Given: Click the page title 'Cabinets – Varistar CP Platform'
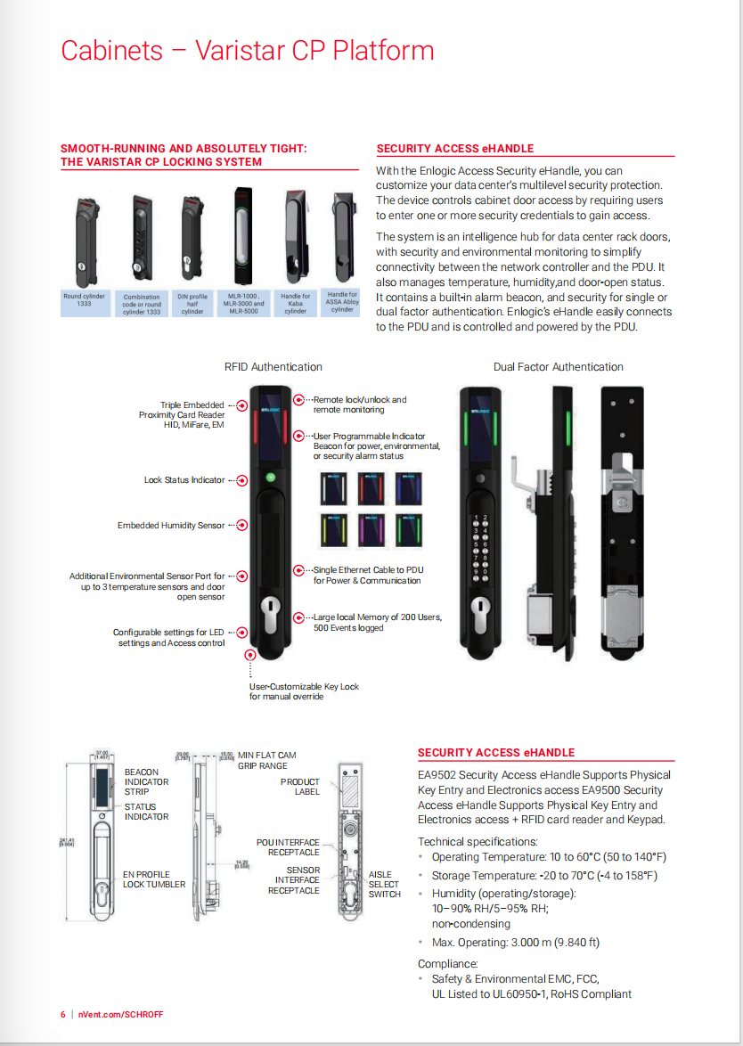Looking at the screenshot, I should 247,51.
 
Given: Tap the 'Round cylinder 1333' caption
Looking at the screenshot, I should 85,300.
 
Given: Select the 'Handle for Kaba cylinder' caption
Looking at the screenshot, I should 295,303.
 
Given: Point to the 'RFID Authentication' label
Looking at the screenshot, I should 274,367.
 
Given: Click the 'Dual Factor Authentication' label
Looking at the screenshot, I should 559,367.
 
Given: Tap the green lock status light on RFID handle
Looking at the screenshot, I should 272,478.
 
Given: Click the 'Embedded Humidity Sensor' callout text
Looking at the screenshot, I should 171,526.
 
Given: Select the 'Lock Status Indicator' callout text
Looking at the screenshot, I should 184,480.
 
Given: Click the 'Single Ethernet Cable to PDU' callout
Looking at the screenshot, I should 368,575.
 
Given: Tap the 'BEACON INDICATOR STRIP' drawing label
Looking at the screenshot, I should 146,781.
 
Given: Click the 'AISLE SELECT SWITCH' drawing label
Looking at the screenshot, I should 384,885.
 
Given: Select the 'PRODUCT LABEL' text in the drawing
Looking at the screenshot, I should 300,787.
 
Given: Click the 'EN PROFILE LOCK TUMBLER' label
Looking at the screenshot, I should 154,879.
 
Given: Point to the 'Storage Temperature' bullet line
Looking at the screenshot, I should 544,876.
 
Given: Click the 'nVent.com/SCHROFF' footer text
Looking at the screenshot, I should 120,1015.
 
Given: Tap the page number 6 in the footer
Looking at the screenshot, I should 63,1015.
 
